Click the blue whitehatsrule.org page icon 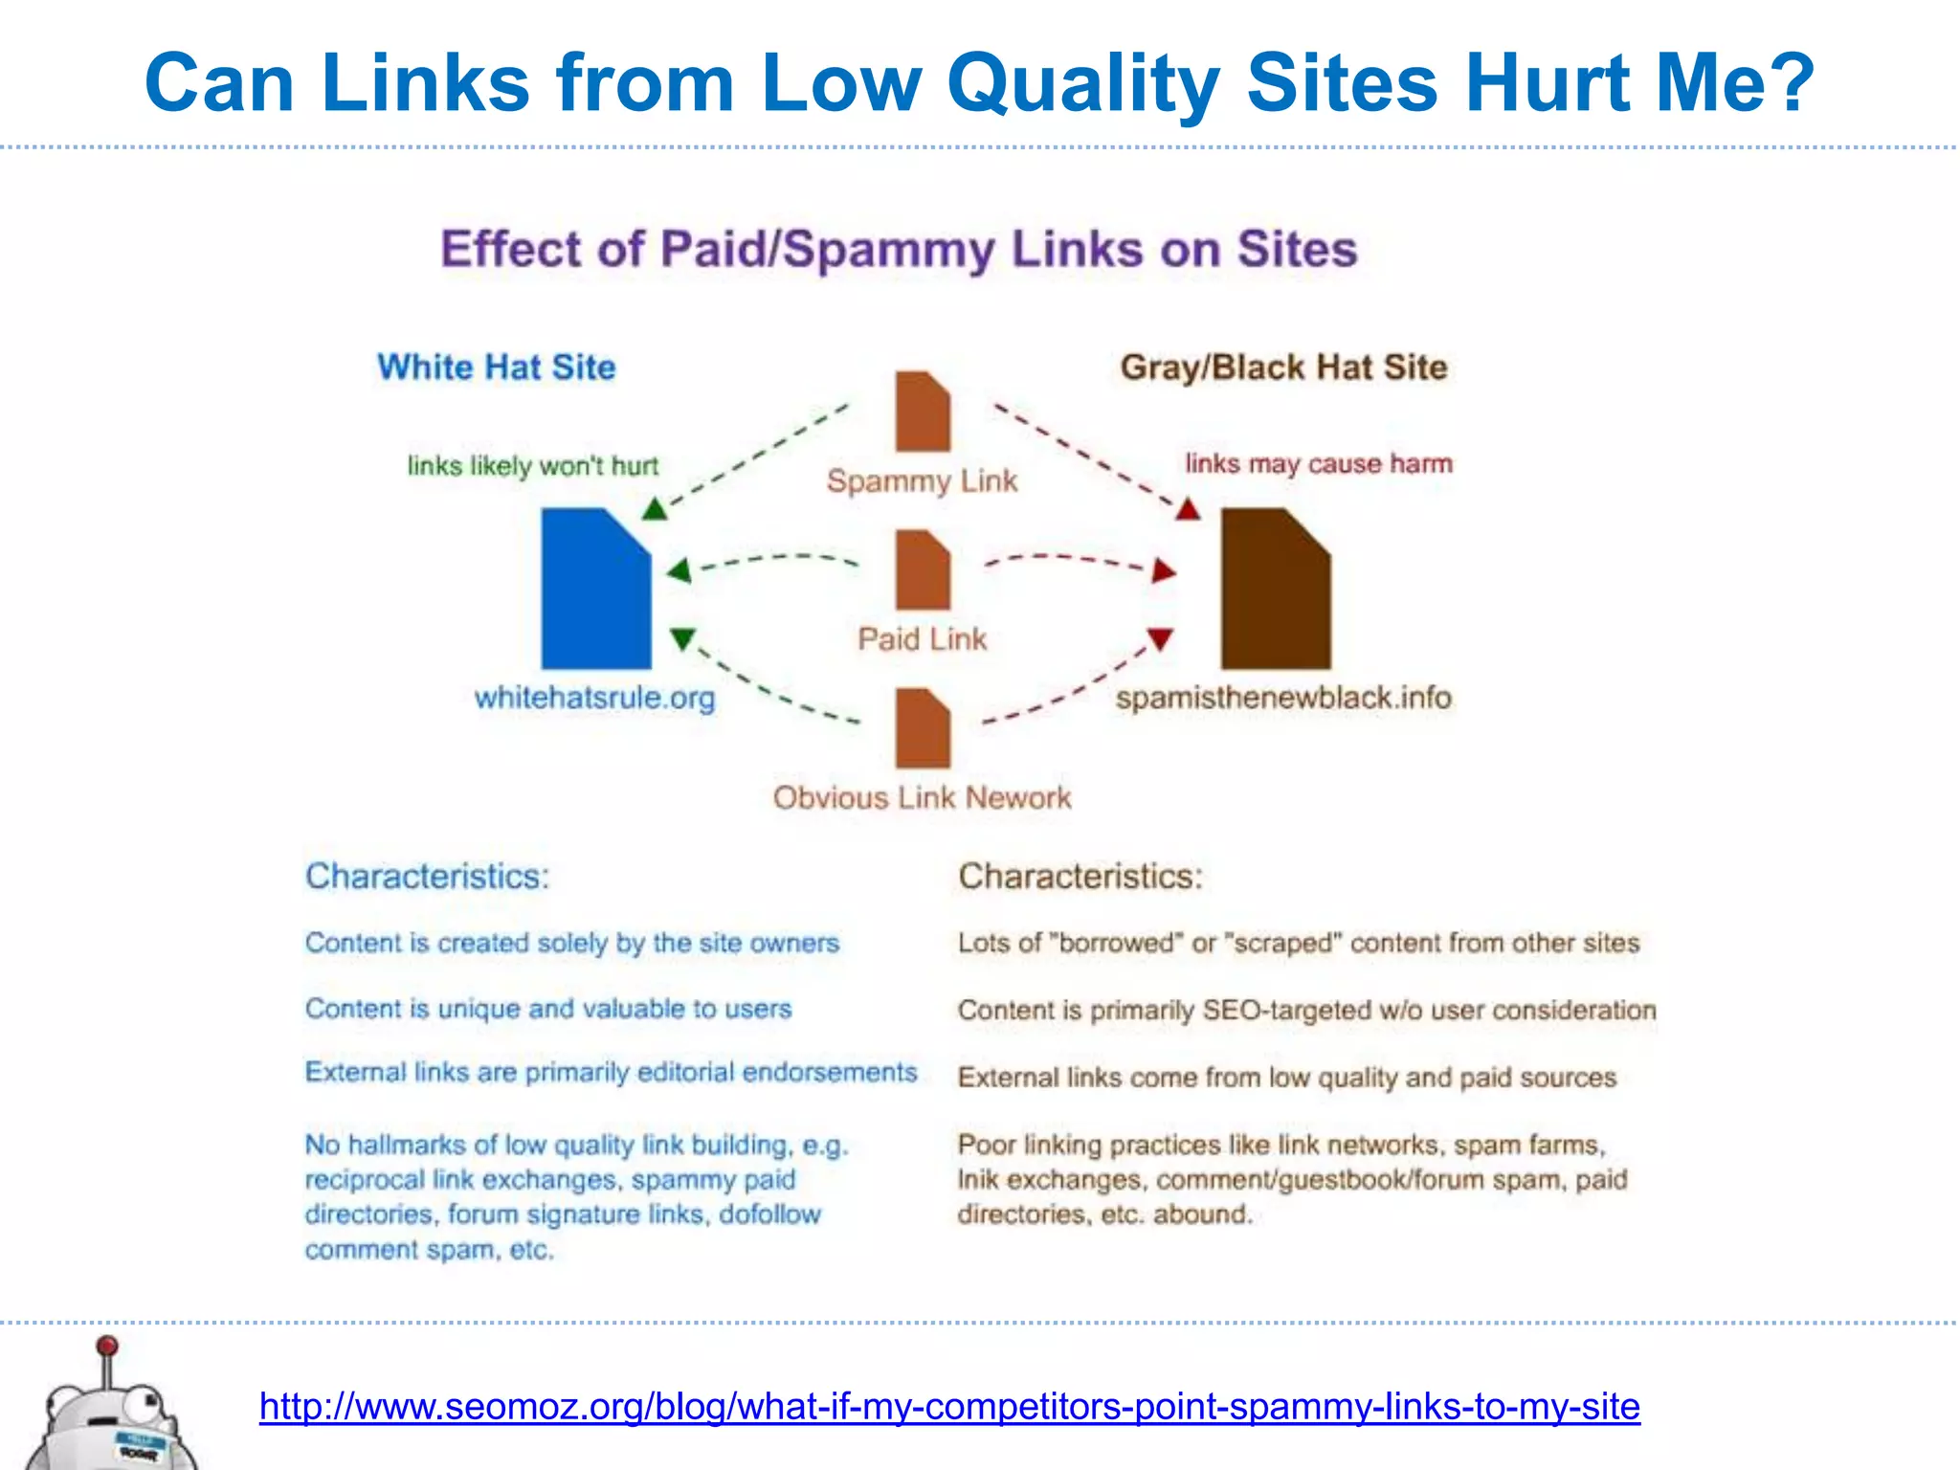tap(595, 590)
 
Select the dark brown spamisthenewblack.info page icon tap(1275, 590)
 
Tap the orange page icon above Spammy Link tap(923, 412)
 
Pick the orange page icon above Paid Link tap(923, 570)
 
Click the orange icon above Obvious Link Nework tap(923, 728)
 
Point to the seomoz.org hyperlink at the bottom tap(949, 1407)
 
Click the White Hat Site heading tap(496, 367)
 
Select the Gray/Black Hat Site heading tap(1283, 367)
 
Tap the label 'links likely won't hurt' tap(533, 466)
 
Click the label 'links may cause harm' tap(1319, 464)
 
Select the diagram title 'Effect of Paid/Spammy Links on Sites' tap(899, 250)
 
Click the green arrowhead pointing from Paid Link tap(679, 571)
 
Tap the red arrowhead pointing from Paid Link tap(1164, 571)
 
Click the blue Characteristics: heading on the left tap(427, 877)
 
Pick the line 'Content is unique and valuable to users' tap(548, 1009)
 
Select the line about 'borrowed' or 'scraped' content tap(1299, 944)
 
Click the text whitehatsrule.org tap(594, 698)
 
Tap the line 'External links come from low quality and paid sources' tap(1287, 1078)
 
